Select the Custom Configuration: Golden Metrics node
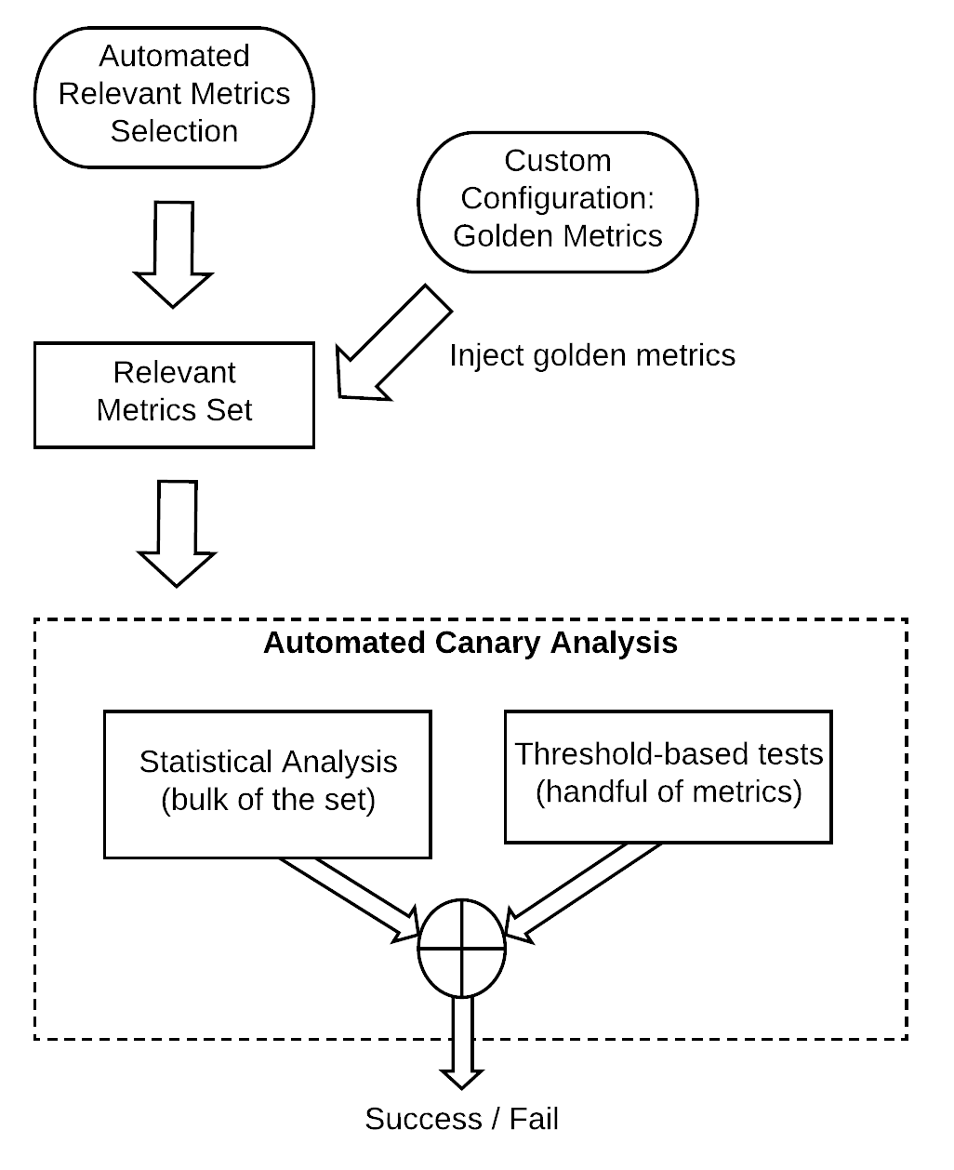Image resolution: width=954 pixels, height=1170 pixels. pyautogui.click(x=557, y=199)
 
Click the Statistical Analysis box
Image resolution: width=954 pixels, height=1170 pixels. pyautogui.click(x=268, y=783)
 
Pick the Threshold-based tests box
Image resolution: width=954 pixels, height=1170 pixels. pyautogui.click(x=668, y=776)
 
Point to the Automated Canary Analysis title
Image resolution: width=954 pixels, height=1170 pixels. pyautogui.click(x=470, y=643)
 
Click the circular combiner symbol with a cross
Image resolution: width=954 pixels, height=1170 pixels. pyautogui.click(x=461, y=949)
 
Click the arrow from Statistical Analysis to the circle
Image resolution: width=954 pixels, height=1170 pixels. pyautogui.click(x=349, y=897)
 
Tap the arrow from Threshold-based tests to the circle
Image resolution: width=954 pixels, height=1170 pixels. pyautogui.click(x=581, y=891)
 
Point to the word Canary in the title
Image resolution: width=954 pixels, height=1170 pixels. pyautogui.click(x=489, y=643)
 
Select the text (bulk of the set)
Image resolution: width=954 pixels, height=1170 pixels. pyautogui.click(x=268, y=801)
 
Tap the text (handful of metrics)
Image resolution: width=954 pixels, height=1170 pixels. pyautogui.click(x=668, y=793)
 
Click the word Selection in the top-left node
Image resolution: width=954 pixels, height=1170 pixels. pyautogui.click(x=174, y=131)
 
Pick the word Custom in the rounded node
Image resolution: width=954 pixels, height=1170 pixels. pyautogui.click(x=557, y=161)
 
